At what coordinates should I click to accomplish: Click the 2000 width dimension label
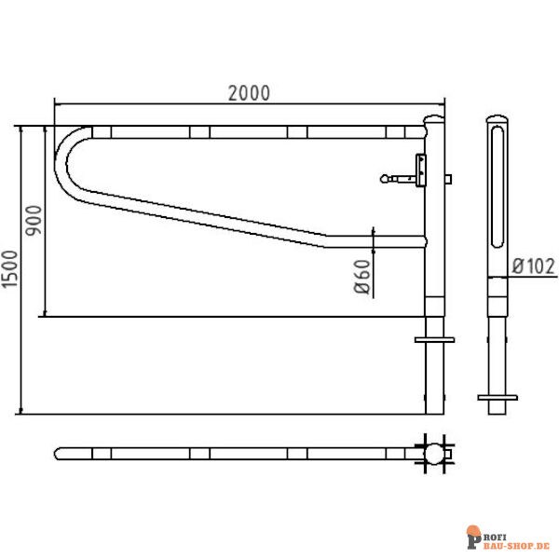point(249,93)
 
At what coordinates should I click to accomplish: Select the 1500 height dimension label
point(9,269)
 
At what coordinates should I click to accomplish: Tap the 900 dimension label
point(34,220)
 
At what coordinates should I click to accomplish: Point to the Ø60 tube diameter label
point(362,277)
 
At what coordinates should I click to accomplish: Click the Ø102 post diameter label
point(534,266)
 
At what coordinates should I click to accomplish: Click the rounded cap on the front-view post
point(434,118)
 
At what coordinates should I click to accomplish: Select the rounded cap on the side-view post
point(498,118)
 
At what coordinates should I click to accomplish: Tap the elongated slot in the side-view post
point(498,186)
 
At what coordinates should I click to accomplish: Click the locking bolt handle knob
point(385,179)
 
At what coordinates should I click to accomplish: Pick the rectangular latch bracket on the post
point(421,170)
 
